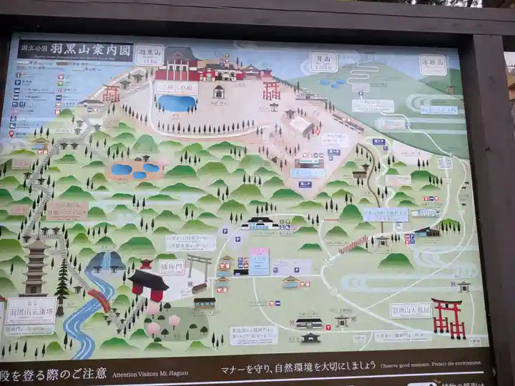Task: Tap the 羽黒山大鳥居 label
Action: (x=410, y=310)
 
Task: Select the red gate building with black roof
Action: (x=149, y=284)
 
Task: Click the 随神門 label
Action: (x=172, y=267)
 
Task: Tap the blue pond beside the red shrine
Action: (x=176, y=104)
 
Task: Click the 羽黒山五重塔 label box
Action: (x=31, y=310)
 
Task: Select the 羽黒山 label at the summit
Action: (x=149, y=54)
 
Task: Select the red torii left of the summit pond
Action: (x=111, y=93)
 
